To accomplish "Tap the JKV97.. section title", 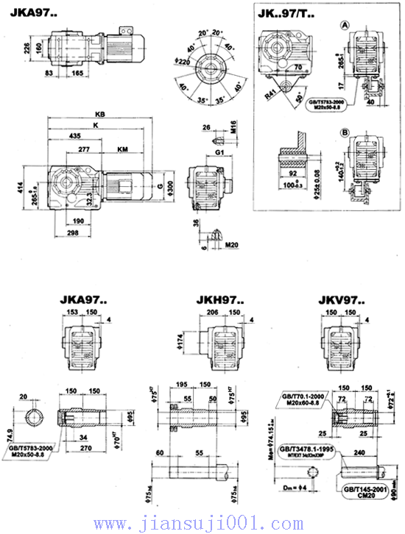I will coord(339,300).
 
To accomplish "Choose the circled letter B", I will coord(344,133).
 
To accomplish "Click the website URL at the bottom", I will coord(194,524).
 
